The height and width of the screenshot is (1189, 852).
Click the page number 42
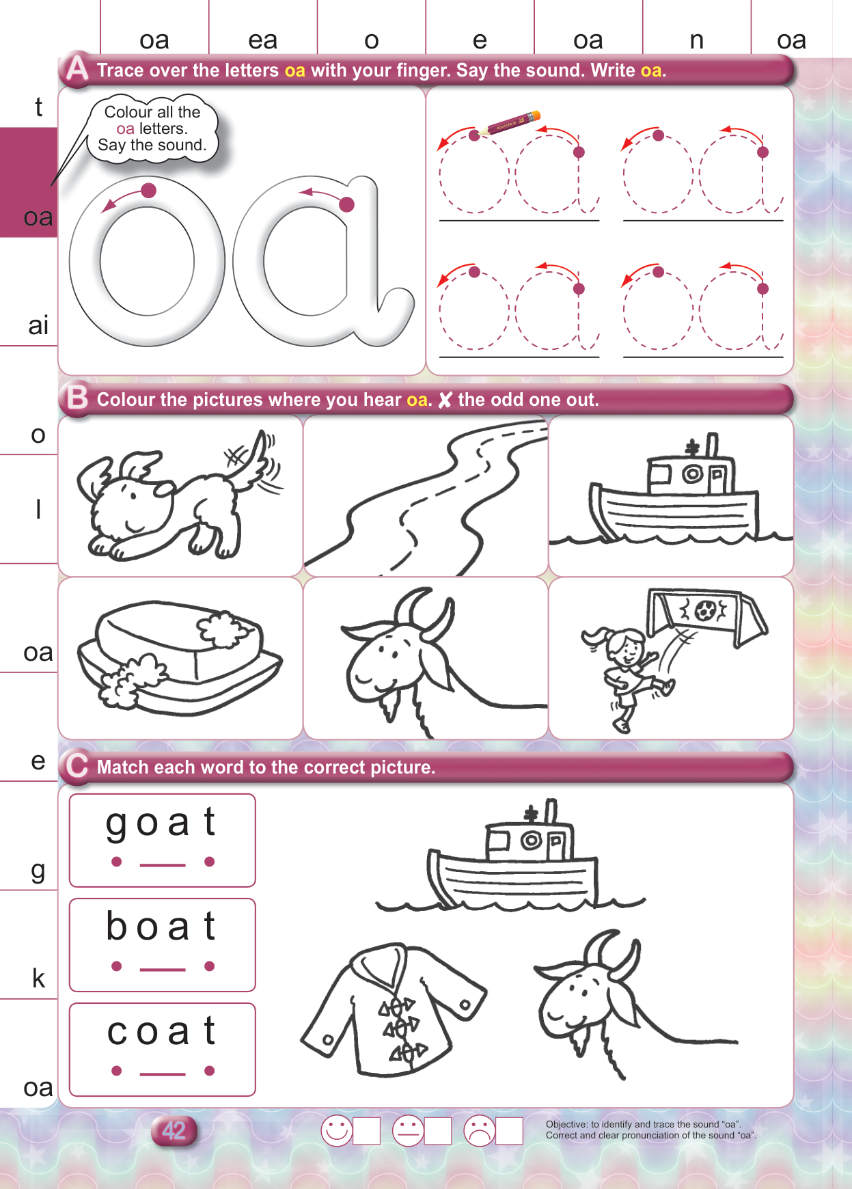pyautogui.click(x=174, y=1130)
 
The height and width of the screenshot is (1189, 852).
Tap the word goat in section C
pyautogui.click(x=161, y=823)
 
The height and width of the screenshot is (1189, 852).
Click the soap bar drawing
pyautogui.click(x=180, y=657)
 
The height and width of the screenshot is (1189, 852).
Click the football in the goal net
pyautogui.click(x=702, y=610)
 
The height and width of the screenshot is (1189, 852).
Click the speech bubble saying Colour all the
pyautogui.click(x=152, y=130)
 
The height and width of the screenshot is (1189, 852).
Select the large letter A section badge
pyautogui.click(x=77, y=70)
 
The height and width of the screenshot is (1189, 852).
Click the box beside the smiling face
pyautogui.click(x=367, y=1131)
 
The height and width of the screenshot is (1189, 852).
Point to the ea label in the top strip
pyautogui.click(x=262, y=40)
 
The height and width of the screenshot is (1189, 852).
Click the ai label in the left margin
pyautogui.click(x=38, y=325)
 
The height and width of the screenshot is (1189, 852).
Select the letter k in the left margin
pyautogui.click(x=38, y=979)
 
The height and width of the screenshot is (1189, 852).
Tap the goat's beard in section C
pyautogui.click(x=580, y=1039)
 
